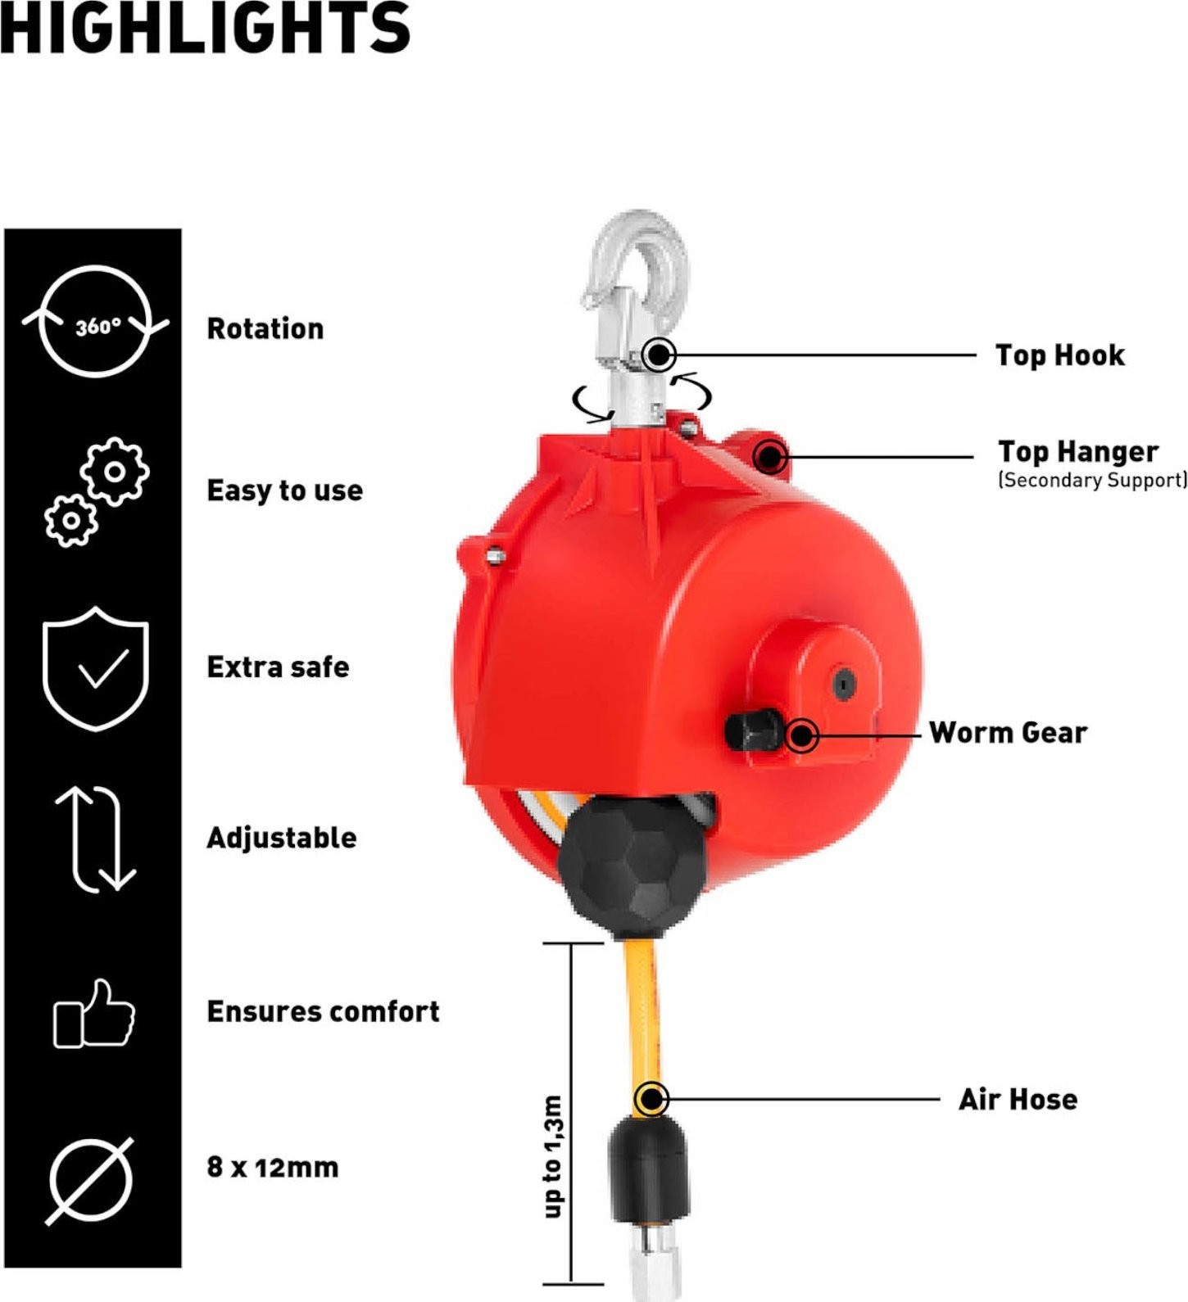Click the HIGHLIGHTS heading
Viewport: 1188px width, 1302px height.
[205, 27]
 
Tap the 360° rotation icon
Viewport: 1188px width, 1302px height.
[96, 321]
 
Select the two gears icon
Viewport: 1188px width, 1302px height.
[97, 491]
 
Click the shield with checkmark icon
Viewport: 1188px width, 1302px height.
[96, 668]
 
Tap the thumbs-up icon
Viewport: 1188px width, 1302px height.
[94, 1013]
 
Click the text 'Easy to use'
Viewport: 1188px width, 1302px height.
[284, 491]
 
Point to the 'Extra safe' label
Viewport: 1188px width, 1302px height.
[278, 667]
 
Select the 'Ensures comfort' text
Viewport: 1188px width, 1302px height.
[323, 1011]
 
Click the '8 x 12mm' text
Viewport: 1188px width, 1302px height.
[273, 1167]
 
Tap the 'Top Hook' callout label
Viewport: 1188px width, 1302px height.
[1060, 355]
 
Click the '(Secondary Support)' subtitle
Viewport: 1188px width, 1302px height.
[1092, 480]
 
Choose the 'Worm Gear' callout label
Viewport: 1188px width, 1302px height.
[1009, 732]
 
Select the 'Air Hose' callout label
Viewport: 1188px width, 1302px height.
[1018, 1099]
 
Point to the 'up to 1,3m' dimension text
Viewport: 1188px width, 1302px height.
[554, 1156]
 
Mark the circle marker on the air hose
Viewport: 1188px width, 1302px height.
[652, 1099]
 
